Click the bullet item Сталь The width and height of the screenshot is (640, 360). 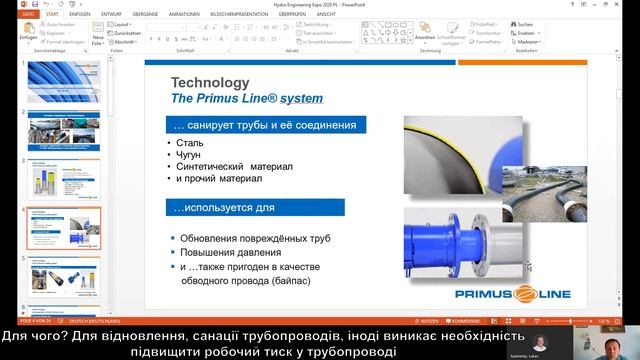tap(191, 142)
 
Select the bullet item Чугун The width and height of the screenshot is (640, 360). tap(192, 154)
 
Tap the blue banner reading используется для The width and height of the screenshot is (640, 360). tap(255, 207)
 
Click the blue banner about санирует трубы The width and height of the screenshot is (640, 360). tap(265, 125)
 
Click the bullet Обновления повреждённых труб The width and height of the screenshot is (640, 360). tap(256, 238)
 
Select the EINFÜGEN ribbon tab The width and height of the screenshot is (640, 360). tap(79, 15)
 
